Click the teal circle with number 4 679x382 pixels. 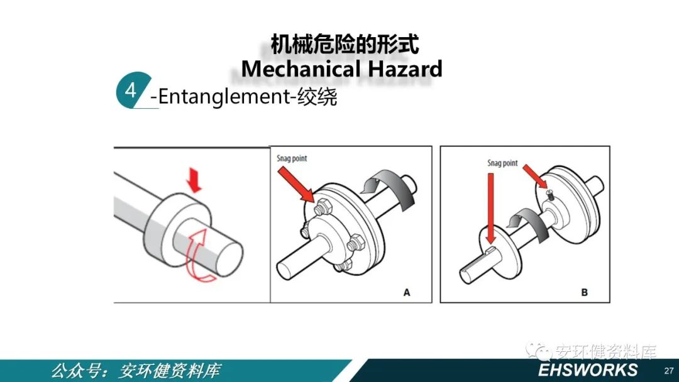(131, 90)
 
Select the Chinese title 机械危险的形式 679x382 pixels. (345, 44)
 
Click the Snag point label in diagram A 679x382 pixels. (292, 158)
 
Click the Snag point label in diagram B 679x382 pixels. (502, 163)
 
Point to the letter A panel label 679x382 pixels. (407, 292)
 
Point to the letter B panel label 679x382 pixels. (584, 292)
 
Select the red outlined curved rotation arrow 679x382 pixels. (198, 255)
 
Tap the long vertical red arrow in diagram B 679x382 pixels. (490, 209)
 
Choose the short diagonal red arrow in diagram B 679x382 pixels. (535, 176)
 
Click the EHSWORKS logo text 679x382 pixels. (588, 370)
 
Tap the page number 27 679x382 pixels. (668, 370)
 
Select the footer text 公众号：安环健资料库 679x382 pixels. (136, 371)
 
